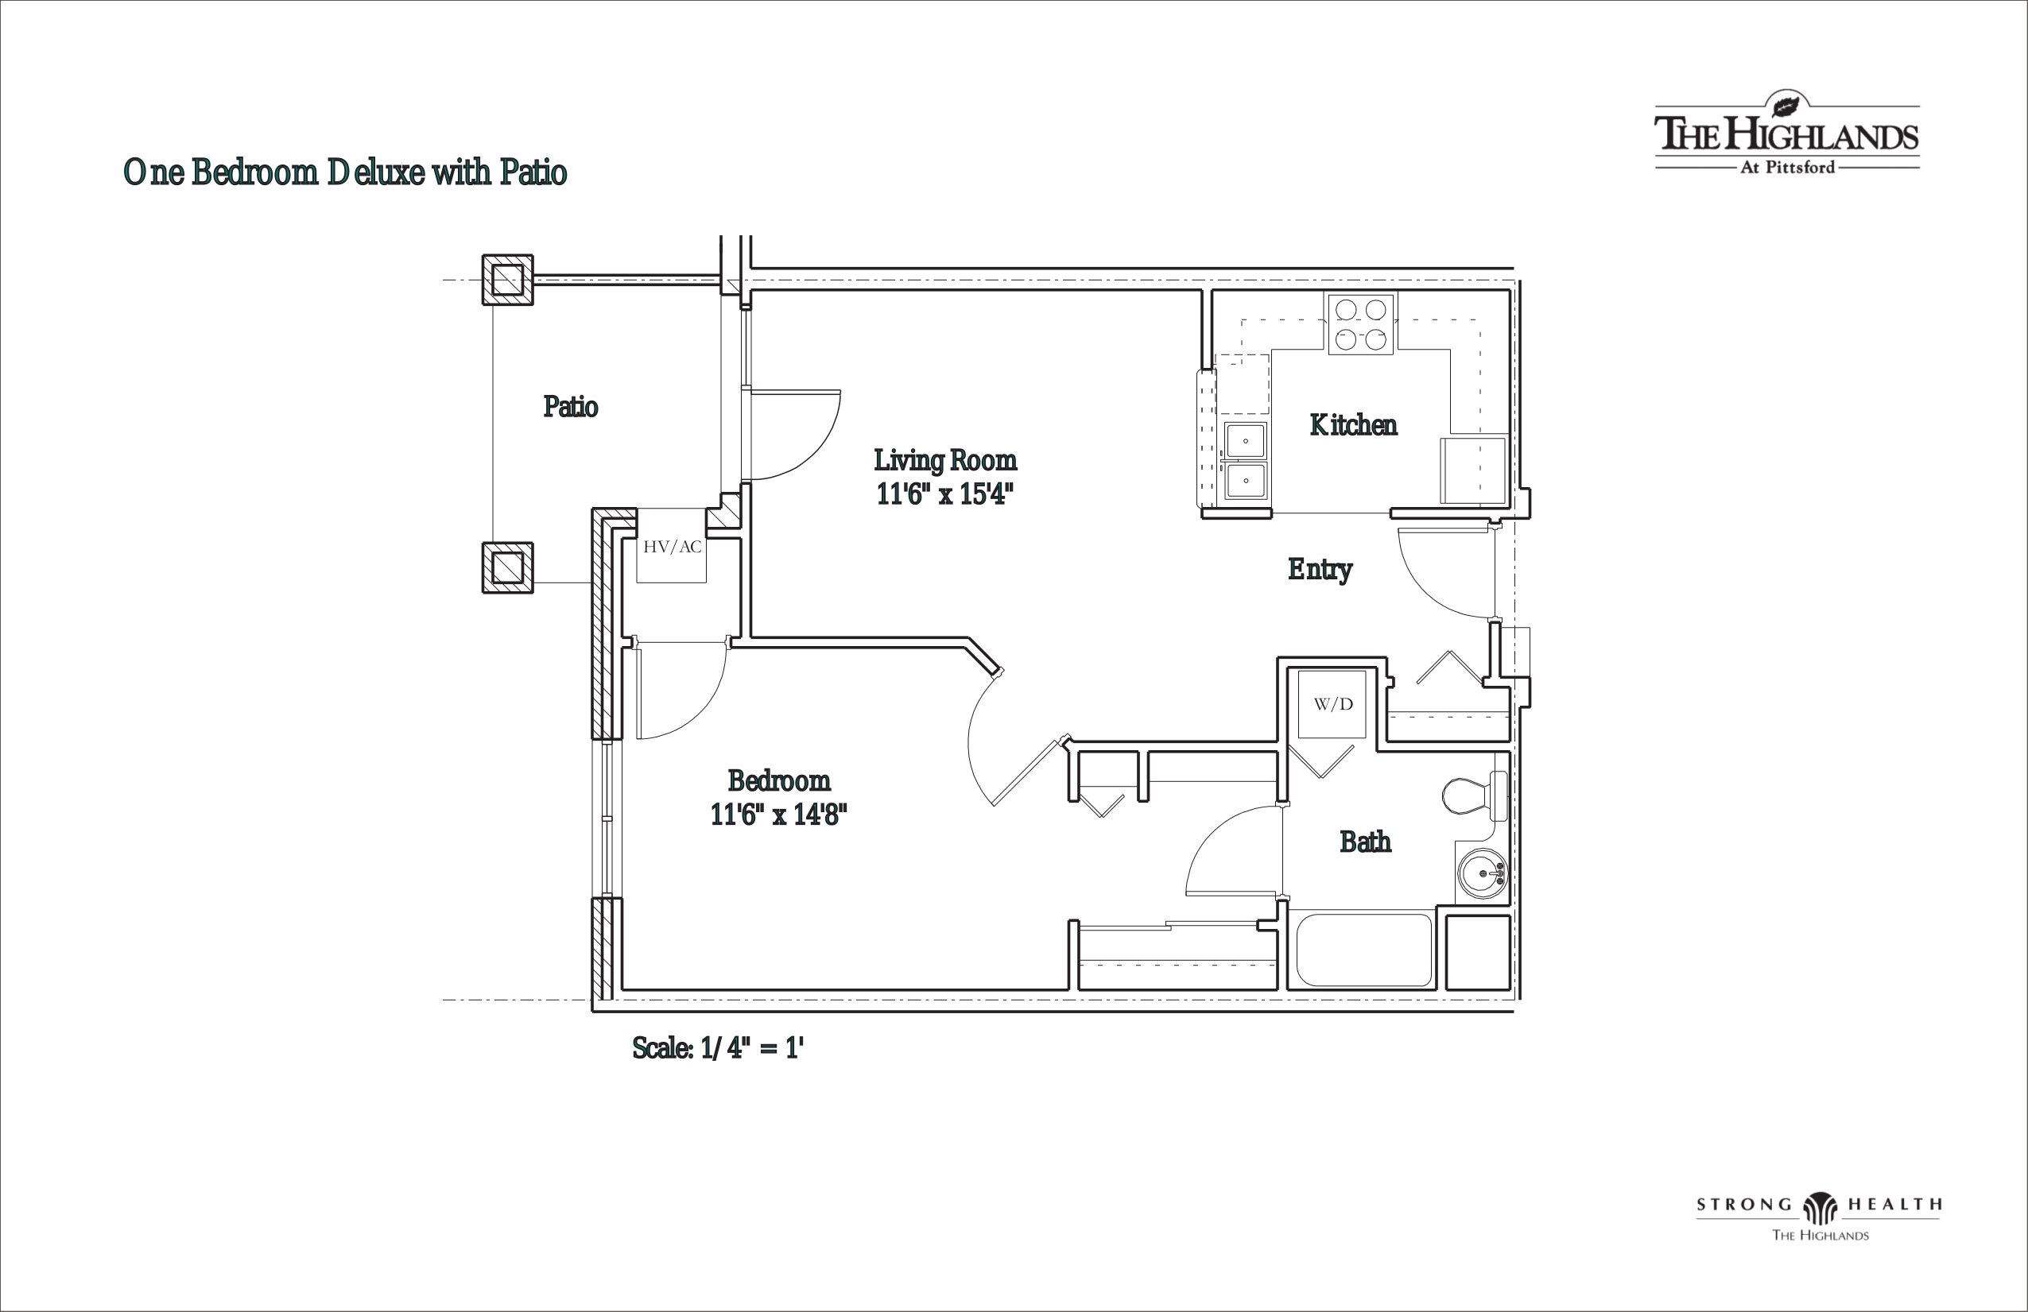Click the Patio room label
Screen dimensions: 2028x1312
[x=571, y=406]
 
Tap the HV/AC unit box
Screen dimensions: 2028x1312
[x=672, y=546]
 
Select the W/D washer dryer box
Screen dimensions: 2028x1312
[x=1332, y=704]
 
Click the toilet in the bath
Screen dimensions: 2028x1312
[x=1474, y=795]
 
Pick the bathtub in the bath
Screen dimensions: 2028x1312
[x=1364, y=950]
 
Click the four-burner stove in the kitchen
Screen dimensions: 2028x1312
[x=1361, y=324]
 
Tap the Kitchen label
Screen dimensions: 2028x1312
[x=1353, y=424]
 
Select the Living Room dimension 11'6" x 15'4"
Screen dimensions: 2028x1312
[x=945, y=494]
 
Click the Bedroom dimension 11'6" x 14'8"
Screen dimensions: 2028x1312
[x=779, y=815]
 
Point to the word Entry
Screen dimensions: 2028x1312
[x=1320, y=569]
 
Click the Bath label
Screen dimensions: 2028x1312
[x=1365, y=842]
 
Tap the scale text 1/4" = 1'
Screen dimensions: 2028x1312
[x=752, y=1048]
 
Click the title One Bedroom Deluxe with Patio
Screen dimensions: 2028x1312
[x=345, y=172]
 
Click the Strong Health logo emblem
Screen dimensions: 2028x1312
[x=1820, y=1206]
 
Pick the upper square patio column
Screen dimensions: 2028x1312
[x=508, y=280]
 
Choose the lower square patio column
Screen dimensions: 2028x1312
[x=508, y=567]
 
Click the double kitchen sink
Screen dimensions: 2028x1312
[x=1245, y=460]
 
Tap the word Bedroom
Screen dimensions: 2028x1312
[x=779, y=780]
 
